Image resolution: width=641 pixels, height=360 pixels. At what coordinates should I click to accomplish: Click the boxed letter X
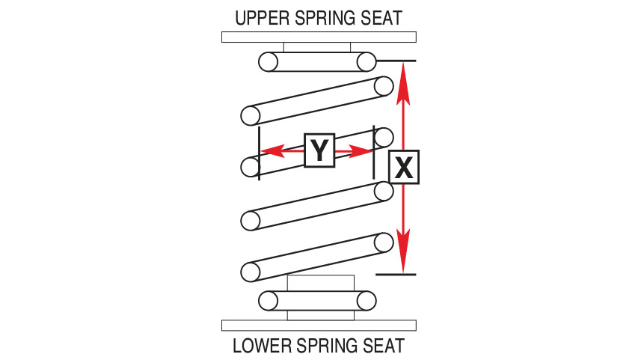[x=404, y=167]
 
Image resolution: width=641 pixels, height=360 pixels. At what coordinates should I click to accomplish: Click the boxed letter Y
[x=319, y=150]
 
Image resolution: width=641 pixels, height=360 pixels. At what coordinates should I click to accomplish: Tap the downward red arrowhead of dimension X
[x=404, y=259]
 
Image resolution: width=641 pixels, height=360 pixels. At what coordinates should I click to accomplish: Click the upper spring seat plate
[x=319, y=37]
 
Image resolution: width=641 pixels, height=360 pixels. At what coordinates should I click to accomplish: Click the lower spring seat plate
[x=319, y=325]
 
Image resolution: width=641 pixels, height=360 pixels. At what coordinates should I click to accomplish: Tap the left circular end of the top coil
[x=269, y=61]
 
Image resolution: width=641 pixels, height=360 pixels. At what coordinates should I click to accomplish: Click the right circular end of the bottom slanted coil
[x=384, y=242]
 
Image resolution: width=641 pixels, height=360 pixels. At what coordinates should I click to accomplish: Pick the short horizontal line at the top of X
[x=396, y=61]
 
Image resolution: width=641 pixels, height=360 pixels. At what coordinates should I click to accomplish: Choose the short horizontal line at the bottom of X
[x=395, y=275]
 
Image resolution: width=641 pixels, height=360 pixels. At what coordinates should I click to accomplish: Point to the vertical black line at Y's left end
[x=259, y=153]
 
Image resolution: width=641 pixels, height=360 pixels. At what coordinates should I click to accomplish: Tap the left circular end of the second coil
[x=250, y=115]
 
